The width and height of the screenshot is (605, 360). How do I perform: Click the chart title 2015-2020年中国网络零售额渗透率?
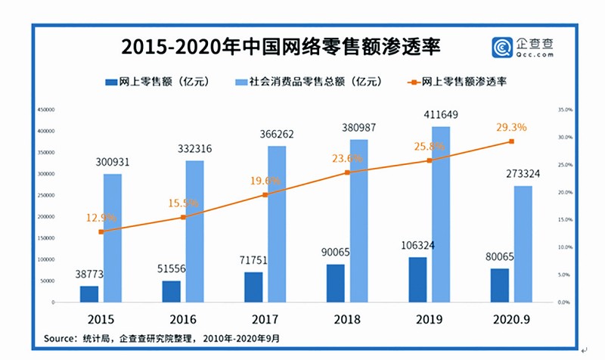[x=280, y=47]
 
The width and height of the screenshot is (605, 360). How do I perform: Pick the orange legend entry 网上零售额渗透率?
[x=458, y=81]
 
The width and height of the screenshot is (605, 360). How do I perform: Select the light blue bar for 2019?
[x=440, y=214]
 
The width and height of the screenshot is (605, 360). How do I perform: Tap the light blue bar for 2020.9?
[x=523, y=244]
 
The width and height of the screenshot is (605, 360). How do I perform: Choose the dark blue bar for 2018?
[x=336, y=283]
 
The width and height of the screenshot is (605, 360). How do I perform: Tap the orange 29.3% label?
[x=511, y=127]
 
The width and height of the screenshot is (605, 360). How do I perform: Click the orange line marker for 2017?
[x=265, y=194]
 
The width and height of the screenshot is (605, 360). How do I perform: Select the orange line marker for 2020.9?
[x=511, y=141]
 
